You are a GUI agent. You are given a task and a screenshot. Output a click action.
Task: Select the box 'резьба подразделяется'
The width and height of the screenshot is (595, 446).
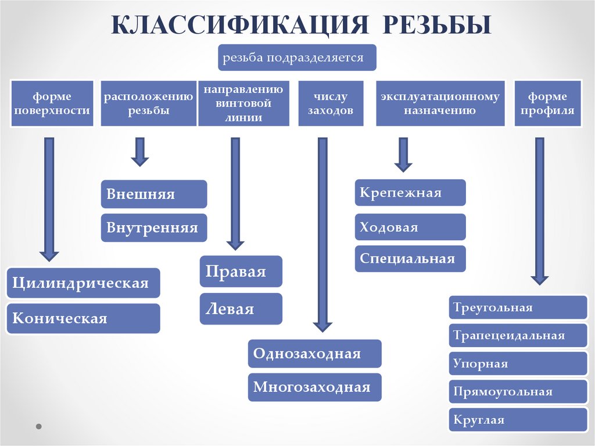tap(297, 58)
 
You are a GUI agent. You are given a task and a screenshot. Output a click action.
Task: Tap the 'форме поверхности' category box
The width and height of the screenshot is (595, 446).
tap(52, 103)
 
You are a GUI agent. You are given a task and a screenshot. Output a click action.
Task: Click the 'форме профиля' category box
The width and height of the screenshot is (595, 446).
tap(548, 103)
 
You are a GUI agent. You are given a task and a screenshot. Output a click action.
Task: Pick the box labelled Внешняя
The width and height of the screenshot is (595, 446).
tap(154, 194)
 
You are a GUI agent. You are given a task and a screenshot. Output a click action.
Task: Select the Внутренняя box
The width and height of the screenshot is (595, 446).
tap(154, 227)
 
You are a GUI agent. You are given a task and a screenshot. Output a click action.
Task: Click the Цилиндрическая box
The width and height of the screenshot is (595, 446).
tap(83, 283)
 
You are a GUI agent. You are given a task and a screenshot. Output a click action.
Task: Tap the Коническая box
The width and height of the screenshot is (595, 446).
tap(83, 318)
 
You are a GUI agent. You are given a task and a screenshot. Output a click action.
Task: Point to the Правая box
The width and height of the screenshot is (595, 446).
tap(241, 272)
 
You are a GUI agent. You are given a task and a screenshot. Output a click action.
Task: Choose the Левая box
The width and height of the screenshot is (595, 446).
tap(241, 309)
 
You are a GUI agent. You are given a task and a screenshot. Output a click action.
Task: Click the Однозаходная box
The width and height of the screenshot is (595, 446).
tap(314, 354)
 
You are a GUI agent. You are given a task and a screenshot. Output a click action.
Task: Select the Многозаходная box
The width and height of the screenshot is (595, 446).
tap(314, 387)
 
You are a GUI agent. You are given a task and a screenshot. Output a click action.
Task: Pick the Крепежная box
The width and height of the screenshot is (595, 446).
tap(410, 192)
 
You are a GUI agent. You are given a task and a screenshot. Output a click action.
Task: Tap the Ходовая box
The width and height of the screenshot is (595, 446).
tap(410, 227)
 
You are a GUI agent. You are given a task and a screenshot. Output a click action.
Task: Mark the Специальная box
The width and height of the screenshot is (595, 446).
tap(410, 259)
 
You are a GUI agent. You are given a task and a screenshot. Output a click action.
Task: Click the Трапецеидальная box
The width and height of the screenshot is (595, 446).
tap(518, 336)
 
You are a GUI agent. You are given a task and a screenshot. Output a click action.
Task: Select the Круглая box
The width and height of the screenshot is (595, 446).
tap(518, 420)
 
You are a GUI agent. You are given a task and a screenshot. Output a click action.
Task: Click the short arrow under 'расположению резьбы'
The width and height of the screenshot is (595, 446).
tap(140, 152)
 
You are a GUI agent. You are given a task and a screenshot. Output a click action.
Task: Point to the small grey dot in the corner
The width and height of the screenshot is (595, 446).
tap(39, 426)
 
